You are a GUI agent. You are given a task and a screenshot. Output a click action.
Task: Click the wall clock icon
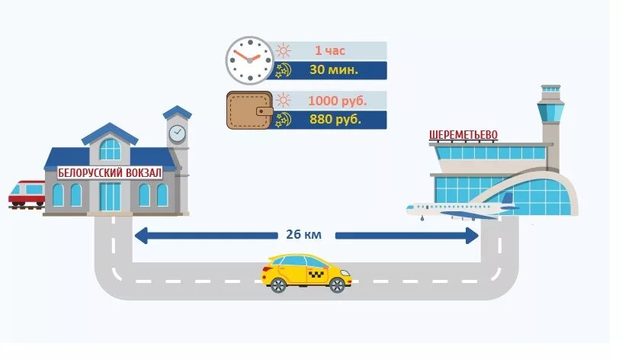coord(248,60)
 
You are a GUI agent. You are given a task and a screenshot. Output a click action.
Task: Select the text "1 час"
coord(329,51)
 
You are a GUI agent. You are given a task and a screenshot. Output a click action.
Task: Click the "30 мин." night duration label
coord(334,70)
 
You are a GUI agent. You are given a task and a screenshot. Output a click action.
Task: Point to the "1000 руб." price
coord(337,101)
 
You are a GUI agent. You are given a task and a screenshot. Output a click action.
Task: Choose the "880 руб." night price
coord(336,120)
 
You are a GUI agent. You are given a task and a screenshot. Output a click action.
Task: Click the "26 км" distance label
coord(304,235)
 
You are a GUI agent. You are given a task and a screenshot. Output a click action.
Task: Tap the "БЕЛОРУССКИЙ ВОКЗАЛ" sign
coord(111,173)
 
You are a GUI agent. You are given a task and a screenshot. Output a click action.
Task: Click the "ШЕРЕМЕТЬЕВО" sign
coord(463,136)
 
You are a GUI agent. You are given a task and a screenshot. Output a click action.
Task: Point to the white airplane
coord(457,209)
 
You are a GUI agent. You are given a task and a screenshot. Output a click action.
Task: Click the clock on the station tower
coord(177,133)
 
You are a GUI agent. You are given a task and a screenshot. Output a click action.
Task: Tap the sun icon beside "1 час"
coord(284,51)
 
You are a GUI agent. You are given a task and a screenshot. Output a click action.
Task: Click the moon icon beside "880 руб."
coord(283,119)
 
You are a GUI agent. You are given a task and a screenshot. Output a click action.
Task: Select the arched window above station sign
coord(111,148)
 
